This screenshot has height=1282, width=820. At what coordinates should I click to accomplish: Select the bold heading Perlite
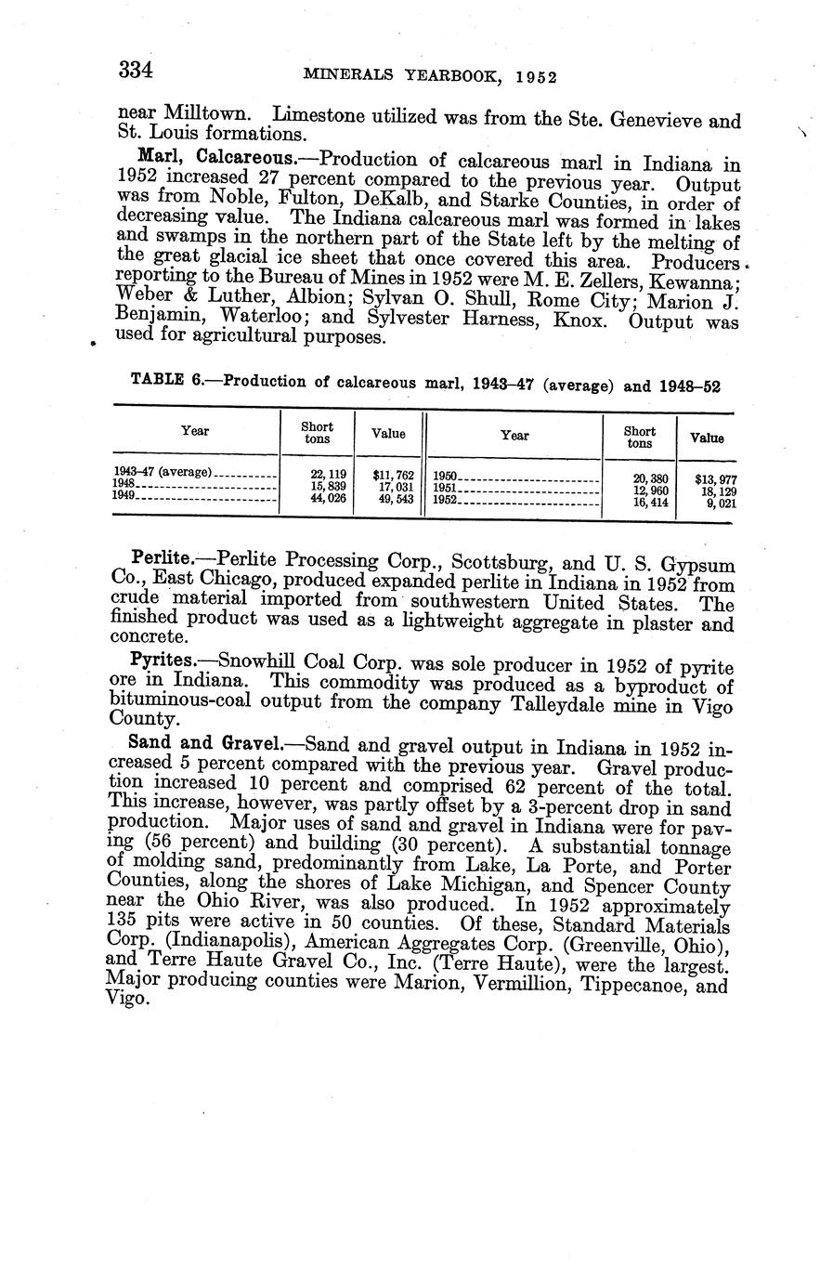click(x=162, y=559)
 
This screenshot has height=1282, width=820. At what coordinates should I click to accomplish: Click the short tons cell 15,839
click(x=328, y=486)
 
